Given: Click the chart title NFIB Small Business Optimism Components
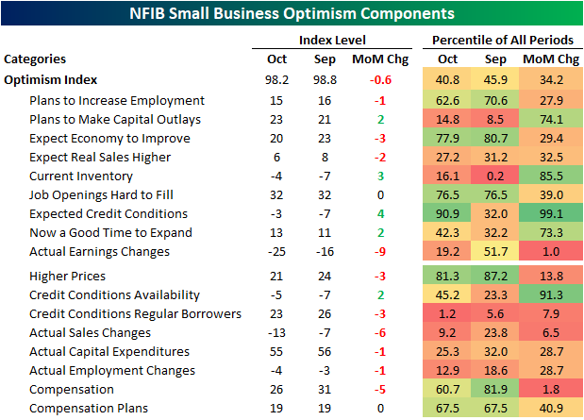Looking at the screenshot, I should (292, 14).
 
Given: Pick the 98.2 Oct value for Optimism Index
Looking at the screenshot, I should (274, 80).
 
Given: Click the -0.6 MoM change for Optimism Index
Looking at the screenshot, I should (380, 80).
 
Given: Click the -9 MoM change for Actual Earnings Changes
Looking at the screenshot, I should (380, 251).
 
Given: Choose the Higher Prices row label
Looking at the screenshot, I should (69, 277).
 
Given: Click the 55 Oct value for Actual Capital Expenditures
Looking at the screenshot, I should (274, 352).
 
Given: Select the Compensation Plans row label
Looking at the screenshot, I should (89, 409).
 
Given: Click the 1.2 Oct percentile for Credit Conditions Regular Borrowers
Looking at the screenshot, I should (447, 314).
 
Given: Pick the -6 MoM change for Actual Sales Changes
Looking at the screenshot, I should (380, 333).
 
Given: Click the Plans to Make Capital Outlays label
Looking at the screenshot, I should (115, 119).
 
